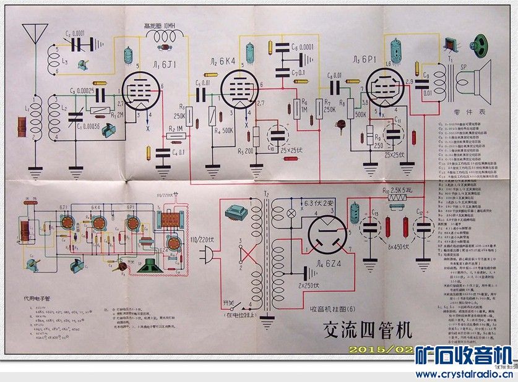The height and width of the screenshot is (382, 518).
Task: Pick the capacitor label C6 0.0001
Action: click(302, 47)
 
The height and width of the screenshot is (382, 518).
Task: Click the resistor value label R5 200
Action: click(246, 151)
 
